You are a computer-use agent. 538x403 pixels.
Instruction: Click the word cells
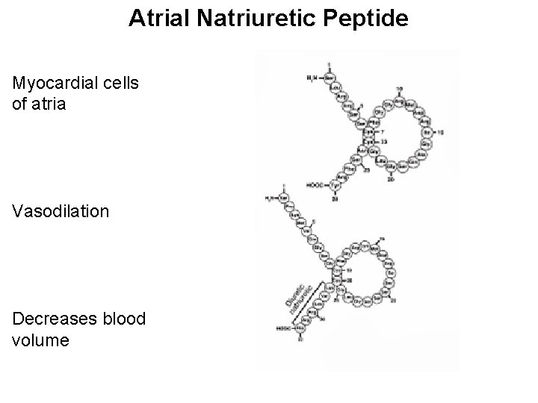[x=121, y=83]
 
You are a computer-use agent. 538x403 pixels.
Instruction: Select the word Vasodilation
[x=61, y=211]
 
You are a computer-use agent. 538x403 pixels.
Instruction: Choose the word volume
[x=41, y=340]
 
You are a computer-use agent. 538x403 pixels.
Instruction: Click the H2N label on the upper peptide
[x=312, y=77]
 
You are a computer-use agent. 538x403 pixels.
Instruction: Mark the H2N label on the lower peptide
[x=271, y=199]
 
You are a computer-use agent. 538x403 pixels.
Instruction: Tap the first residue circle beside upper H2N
[x=328, y=77]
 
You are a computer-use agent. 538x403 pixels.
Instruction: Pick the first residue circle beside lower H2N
[x=285, y=199]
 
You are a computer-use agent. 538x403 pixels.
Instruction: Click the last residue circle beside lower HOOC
[x=300, y=328]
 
